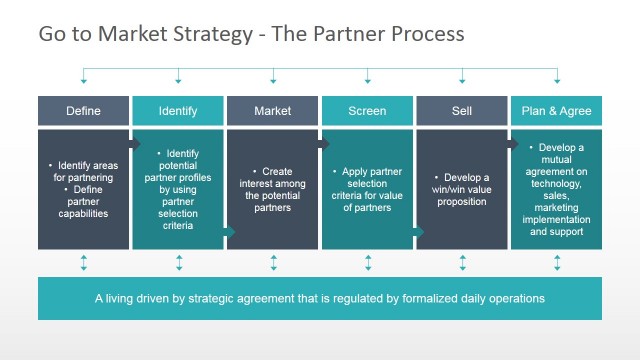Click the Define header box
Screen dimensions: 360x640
[x=83, y=111]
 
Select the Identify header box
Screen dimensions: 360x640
[x=178, y=111]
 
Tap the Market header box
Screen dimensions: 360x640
[x=273, y=111]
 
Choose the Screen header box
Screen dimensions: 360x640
[x=367, y=111]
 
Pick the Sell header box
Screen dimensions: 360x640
[x=461, y=111]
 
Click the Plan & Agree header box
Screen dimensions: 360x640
[x=557, y=111]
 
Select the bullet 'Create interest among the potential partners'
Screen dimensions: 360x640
[x=273, y=189]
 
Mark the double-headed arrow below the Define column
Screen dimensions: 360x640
[x=83, y=263]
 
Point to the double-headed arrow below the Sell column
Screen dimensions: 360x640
[x=461, y=263]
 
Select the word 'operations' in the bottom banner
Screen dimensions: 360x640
[x=510, y=298]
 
